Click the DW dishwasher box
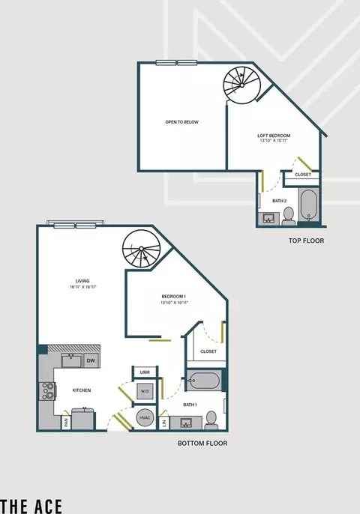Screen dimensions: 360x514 pyautogui.click(x=91, y=360)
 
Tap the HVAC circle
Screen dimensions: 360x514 pyautogui.click(x=145, y=417)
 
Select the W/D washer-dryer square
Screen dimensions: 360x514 pyautogui.click(x=145, y=391)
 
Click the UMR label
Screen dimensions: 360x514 pyautogui.click(x=145, y=372)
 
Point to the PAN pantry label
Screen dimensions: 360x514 pyautogui.click(x=66, y=423)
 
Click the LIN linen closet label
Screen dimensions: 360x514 pyautogui.click(x=164, y=423)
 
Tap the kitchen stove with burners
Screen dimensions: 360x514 pyautogui.click(x=47, y=391)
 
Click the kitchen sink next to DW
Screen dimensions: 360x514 pyautogui.click(x=71, y=360)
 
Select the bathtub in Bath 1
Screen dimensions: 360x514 pyautogui.click(x=204, y=381)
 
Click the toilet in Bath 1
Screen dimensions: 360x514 pyautogui.click(x=211, y=420)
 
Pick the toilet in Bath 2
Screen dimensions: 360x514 pyautogui.click(x=289, y=216)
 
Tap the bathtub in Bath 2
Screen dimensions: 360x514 pyautogui.click(x=308, y=205)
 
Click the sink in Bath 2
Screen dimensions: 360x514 pyautogui.click(x=268, y=219)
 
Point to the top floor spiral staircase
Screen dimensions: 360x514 pyautogui.click(x=241, y=85)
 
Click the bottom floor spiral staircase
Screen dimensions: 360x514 pyautogui.click(x=142, y=249)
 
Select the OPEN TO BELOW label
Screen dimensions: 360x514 pyautogui.click(x=181, y=122)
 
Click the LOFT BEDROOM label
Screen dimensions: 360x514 pyautogui.click(x=274, y=136)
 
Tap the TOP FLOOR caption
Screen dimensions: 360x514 pyautogui.click(x=306, y=241)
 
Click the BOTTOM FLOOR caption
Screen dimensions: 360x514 pyautogui.click(x=202, y=444)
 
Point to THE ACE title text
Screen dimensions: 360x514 pyautogui.click(x=31, y=506)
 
